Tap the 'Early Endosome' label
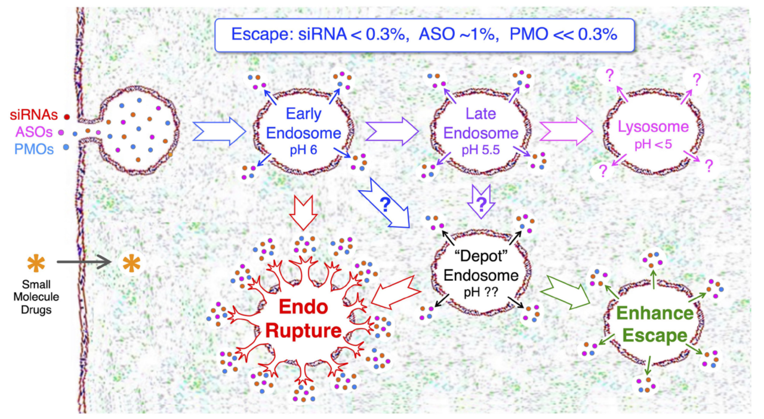point(303,123)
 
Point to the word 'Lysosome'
point(653,127)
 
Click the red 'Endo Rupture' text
point(304,319)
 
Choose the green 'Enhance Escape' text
point(655,324)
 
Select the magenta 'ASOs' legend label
point(36,132)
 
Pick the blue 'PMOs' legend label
point(35,147)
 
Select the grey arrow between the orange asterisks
point(84,262)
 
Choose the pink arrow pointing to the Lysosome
point(564,131)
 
